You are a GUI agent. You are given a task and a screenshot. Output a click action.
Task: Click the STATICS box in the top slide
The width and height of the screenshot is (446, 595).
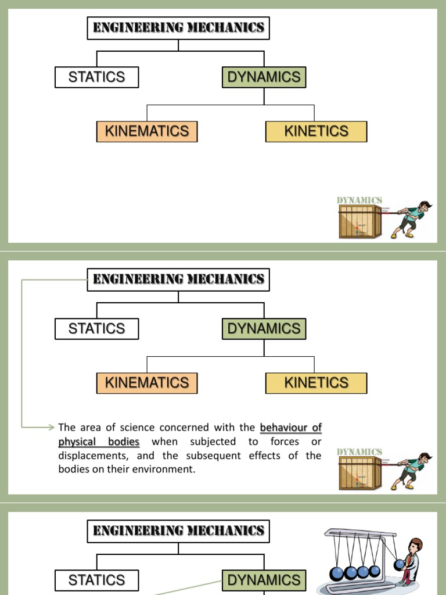[x=96, y=77]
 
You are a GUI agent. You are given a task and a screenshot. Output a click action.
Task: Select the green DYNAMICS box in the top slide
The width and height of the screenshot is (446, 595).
[x=264, y=77]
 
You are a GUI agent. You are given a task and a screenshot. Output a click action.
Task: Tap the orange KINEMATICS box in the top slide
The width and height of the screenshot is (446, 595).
[x=147, y=131]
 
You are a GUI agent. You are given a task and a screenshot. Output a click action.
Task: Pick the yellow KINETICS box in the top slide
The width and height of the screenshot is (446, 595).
[x=316, y=131]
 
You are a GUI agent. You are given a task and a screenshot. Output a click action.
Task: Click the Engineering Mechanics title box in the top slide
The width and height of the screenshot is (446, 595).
[x=178, y=28]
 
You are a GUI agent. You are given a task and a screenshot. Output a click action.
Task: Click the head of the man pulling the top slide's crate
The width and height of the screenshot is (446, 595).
[x=425, y=206]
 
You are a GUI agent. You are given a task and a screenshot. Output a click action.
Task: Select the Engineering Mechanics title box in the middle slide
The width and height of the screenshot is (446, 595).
[x=178, y=279]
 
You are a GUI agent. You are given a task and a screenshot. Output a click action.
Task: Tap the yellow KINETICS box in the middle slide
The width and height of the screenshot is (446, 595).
[x=316, y=383]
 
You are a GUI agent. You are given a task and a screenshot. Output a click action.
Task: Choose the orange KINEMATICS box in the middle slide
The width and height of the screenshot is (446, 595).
[x=147, y=383]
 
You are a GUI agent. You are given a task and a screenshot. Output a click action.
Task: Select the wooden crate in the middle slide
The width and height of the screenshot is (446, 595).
[x=359, y=474]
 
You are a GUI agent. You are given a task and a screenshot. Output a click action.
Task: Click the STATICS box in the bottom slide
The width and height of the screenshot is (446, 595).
[x=96, y=580]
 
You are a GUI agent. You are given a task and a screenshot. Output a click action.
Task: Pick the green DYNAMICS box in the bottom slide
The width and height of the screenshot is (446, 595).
[x=264, y=580]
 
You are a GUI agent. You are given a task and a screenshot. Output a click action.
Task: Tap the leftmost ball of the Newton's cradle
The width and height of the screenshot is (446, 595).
[x=337, y=573]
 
